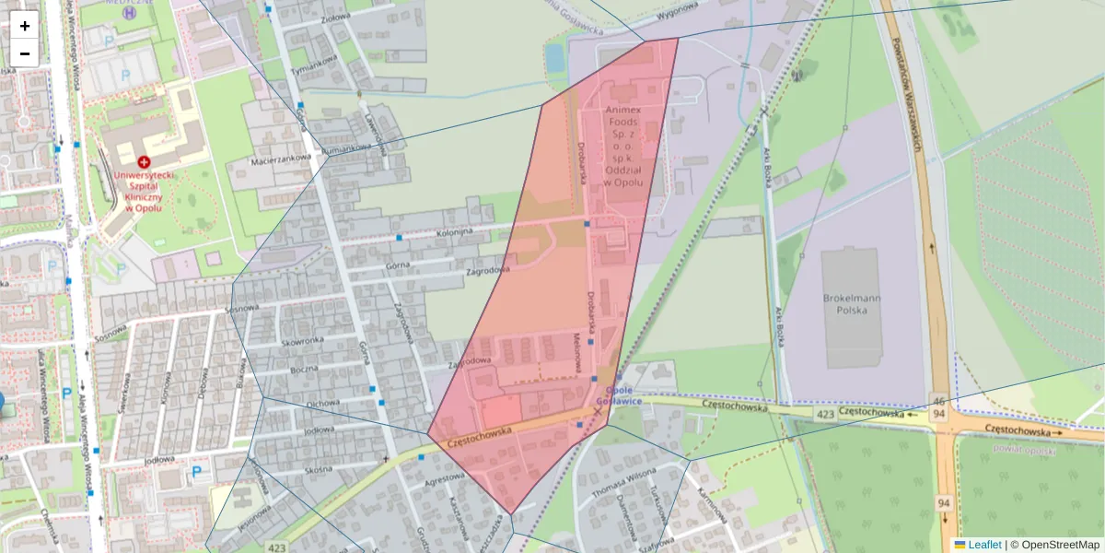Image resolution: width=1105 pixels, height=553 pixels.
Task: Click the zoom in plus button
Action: [x=25, y=26]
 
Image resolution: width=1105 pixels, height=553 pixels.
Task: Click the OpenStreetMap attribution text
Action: [x=1060, y=545]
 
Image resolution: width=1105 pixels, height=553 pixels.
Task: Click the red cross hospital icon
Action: [x=144, y=161]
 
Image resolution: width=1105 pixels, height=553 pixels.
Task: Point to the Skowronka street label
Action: [x=304, y=340]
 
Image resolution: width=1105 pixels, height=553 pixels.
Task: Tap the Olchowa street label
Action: [x=322, y=403]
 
